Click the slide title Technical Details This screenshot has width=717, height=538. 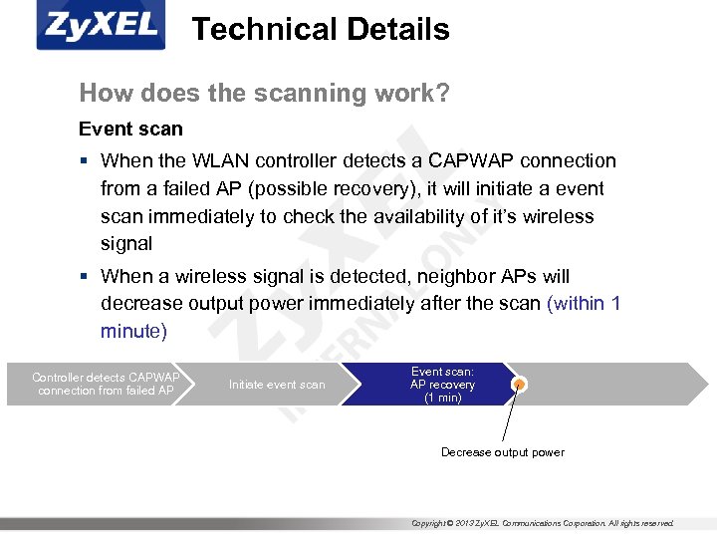[x=320, y=30]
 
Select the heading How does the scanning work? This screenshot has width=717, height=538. [x=264, y=94]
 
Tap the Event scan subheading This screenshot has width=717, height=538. [x=130, y=130]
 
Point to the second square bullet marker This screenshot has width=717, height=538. [x=88, y=277]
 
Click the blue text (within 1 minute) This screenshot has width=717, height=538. [x=583, y=304]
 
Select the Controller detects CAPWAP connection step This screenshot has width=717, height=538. [x=106, y=385]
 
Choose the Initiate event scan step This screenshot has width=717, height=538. [x=277, y=385]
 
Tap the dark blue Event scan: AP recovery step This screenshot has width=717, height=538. [x=442, y=385]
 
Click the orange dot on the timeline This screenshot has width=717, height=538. [x=519, y=385]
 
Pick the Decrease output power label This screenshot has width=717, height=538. [x=502, y=452]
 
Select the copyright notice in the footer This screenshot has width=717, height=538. [x=543, y=523]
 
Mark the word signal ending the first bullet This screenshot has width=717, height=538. [x=126, y=244]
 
